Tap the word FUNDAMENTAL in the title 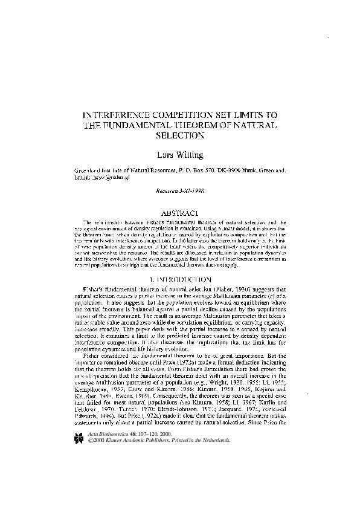point(151,125)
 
